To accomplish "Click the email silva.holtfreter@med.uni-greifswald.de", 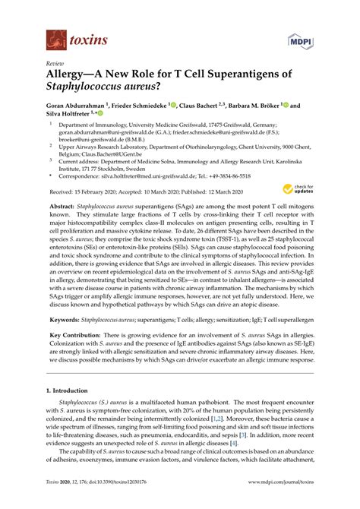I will pyautogui.click(x=166, y=174).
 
